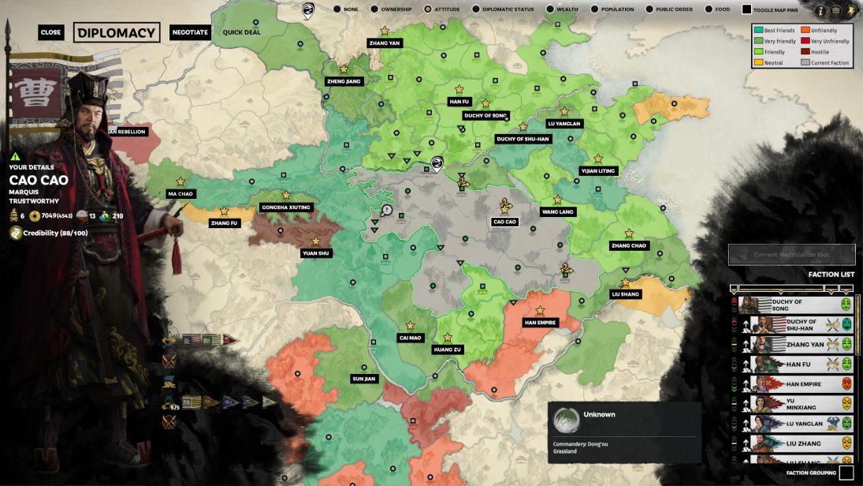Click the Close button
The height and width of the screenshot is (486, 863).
tap(50, 32)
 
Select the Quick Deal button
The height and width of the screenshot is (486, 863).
tap(241, 32)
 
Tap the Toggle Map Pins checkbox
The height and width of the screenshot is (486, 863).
tap(746, 10)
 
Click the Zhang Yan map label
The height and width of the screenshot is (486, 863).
tap(384, 43)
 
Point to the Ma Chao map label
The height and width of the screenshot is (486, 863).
tap(180, 193)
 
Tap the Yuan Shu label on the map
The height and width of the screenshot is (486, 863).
tap(316, 253)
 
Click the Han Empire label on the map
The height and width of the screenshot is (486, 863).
tap(541, 322)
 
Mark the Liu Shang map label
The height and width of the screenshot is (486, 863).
tap(626, 294)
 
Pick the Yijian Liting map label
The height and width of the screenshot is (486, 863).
tap(597, 170)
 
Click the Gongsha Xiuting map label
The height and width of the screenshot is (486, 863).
tap(286, 207)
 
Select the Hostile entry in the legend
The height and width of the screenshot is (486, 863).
tap(820, 52)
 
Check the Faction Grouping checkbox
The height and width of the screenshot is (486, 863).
tap(846, 473)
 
